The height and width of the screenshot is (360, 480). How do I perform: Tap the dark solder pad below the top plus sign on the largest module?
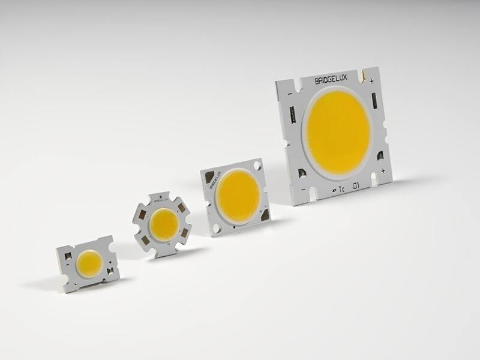(x=374, y=100)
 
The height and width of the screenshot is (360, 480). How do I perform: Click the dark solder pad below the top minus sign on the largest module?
(x=292, y=113)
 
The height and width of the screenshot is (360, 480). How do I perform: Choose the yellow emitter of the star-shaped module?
(x=164, y=224)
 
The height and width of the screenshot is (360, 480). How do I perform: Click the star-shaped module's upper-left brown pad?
(x=142, y=214)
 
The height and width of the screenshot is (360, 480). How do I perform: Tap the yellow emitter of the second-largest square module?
(x=238, y=196)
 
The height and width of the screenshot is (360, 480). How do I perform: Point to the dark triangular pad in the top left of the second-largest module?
(x=209, y=177)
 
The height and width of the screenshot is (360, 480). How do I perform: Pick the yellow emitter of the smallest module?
(x=89, y=264)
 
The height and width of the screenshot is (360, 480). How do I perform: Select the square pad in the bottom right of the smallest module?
(x=110, y=272)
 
